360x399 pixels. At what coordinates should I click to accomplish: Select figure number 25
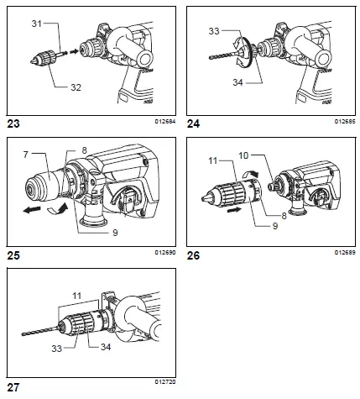click(13, 253)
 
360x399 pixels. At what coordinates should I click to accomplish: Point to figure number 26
click(195, 253)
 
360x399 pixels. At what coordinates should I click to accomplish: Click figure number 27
click(13, 387)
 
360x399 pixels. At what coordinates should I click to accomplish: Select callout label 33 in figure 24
click(213, 31)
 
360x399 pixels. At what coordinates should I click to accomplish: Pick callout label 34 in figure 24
click(238, 81)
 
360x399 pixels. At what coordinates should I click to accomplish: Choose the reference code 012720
click(163, 385)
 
